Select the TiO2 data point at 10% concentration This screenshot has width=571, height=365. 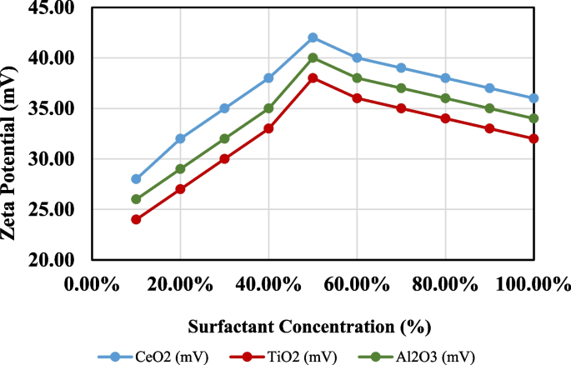coord(136,219)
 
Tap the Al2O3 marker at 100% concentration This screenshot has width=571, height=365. coord(533,118)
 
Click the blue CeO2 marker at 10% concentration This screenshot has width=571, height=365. coord(136,178)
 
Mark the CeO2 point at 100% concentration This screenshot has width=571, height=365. coord(533,98)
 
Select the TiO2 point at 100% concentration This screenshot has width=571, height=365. coord(533,138)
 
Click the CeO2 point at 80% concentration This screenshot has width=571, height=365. coord(445,78)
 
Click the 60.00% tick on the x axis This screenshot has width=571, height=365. coord(357,284)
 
